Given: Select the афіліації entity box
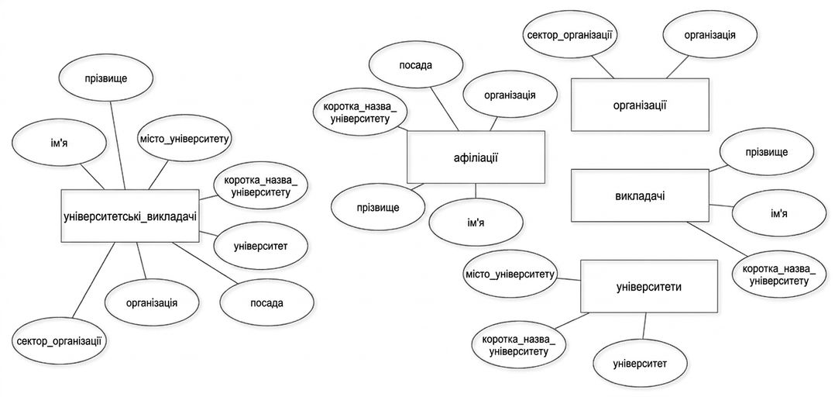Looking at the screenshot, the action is (x=476, y=157).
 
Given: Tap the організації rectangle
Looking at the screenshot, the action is (x=640, y=105).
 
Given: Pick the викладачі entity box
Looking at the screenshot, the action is (x=640, y=195).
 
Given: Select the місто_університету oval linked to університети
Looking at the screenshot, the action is (x=510, y=275).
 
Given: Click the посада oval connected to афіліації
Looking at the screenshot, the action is (x=415, y=66).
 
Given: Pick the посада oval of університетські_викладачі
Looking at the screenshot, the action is (x=266, y=303).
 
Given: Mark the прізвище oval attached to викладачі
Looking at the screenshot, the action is (x=766, y=153).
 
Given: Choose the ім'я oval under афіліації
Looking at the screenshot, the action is (x=476, y=223).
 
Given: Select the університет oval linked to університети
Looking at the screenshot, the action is (x=640, y=364).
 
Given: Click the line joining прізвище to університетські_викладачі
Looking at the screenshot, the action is (x=117, y=144).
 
